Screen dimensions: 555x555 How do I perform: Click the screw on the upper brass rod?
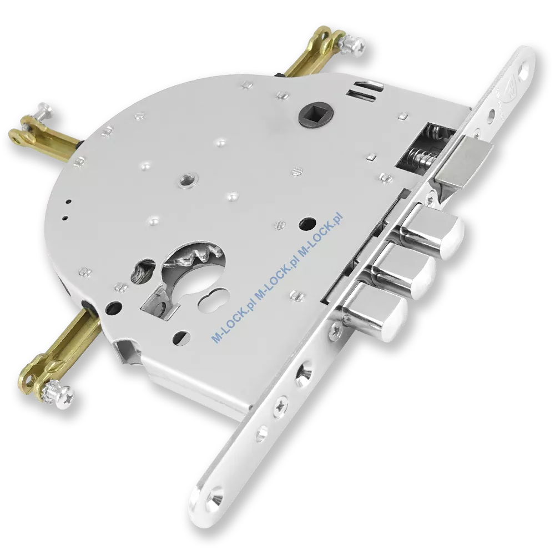(353, 42)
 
